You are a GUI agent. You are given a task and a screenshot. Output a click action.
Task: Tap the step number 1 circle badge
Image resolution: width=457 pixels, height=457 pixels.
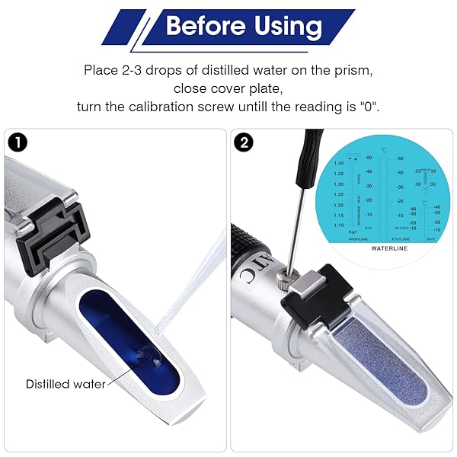click(17, 142)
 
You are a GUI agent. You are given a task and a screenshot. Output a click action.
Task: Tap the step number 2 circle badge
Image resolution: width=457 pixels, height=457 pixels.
click(245, 142)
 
